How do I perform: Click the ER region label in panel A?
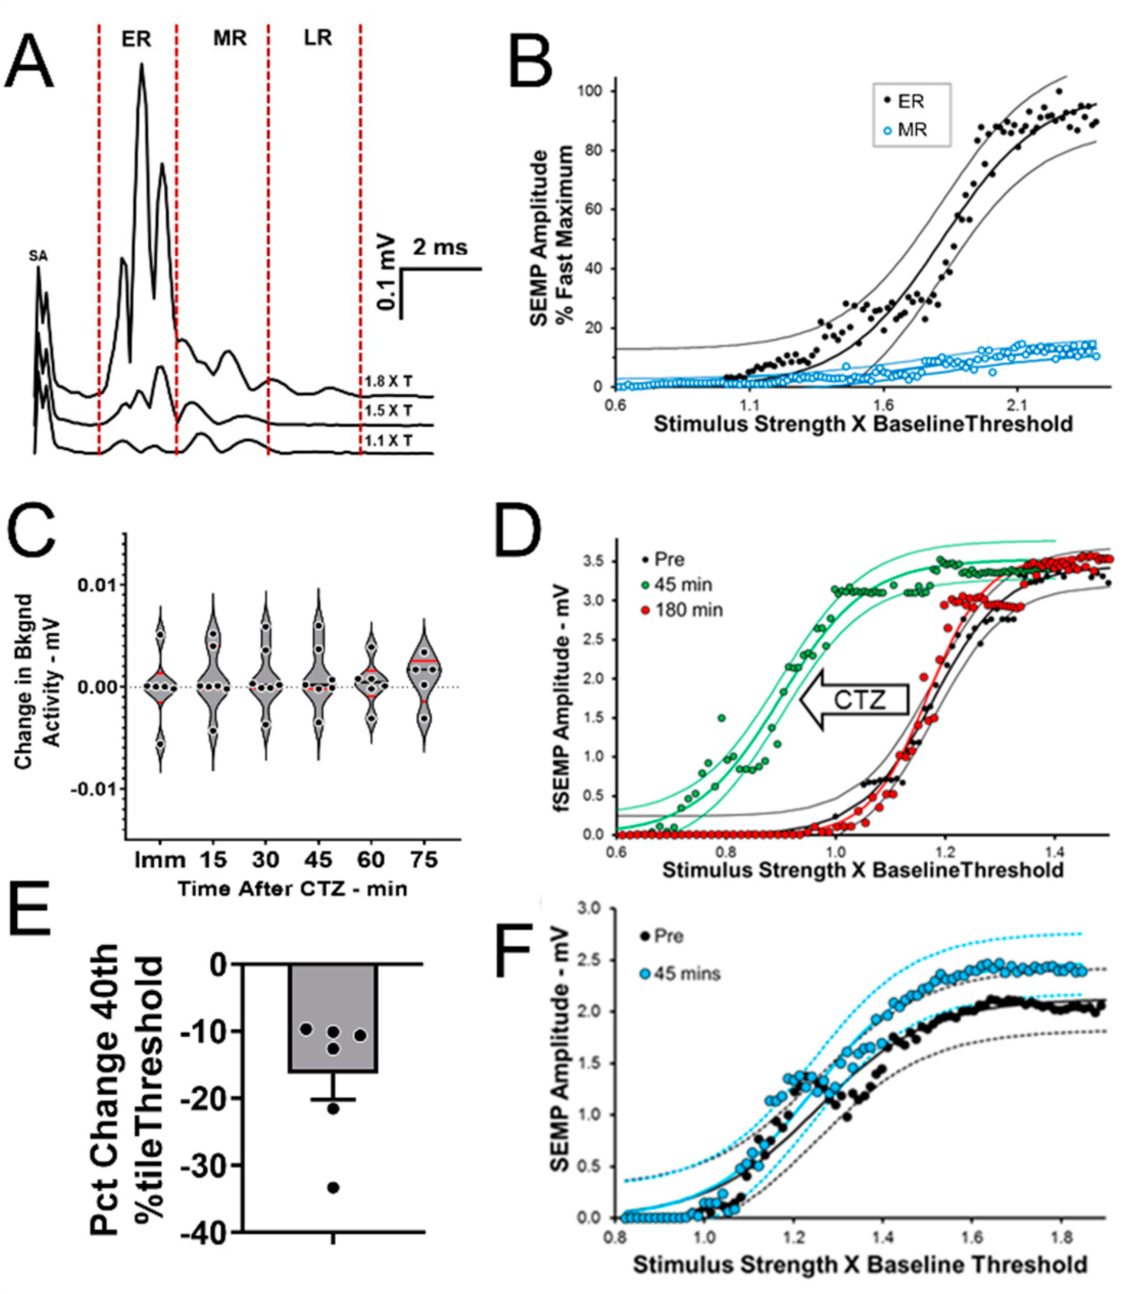(136, 39)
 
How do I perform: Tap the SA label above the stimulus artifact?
(38, 256)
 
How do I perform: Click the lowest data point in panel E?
(333, 1187)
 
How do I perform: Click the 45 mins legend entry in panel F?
(680, 974)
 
